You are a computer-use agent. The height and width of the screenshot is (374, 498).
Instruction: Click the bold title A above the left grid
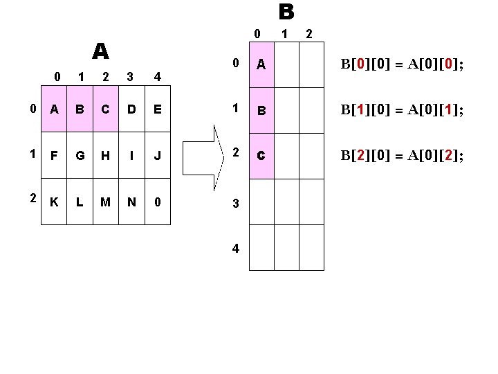tap(101, 51)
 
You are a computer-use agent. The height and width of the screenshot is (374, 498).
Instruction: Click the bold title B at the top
tap(286, 12)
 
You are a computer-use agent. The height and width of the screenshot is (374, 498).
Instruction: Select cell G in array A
tap(80, 155)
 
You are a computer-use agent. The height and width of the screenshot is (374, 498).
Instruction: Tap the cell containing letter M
tap(105, 202)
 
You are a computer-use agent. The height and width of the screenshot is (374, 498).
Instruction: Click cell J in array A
tap(158, 155)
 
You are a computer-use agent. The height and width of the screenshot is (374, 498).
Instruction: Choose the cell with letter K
tap(54, 202)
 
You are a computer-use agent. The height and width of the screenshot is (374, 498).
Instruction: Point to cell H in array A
tap(105, 155)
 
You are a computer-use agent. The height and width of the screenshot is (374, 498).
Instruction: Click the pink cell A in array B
tap(261, 65)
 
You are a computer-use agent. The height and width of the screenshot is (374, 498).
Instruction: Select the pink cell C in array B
tap(261, 156)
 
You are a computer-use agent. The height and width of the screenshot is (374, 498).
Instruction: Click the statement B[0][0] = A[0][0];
tap(401, 65)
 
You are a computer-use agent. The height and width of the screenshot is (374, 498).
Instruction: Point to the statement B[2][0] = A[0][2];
tap(401, 156)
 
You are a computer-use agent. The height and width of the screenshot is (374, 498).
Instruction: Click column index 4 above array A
tap(158, 76)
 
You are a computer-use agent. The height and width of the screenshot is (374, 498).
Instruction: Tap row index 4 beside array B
tap(236, 248)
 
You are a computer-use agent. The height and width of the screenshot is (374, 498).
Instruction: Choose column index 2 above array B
tap(309, 33)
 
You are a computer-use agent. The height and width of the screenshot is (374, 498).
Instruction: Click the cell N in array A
tap(131, 202)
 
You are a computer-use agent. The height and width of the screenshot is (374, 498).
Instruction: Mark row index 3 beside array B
tap(236, 203)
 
